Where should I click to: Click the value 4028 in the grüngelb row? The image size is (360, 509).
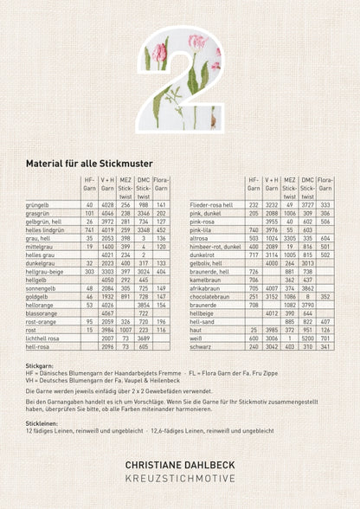107,203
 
